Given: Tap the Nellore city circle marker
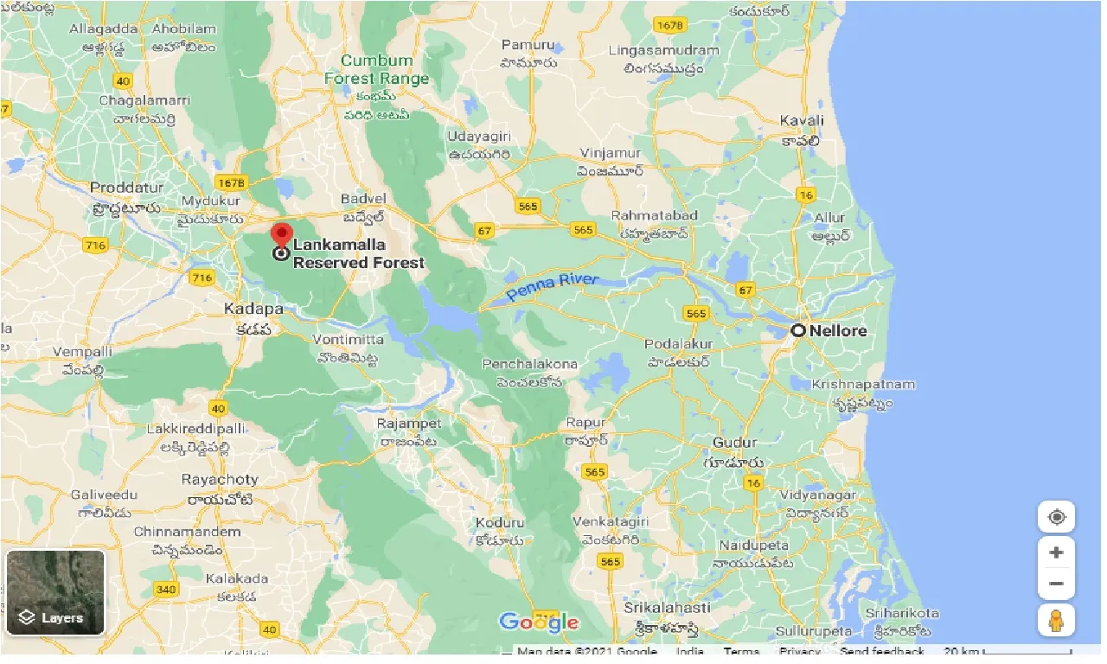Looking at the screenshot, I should click(797, 330).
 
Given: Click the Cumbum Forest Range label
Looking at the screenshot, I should click(377, 69).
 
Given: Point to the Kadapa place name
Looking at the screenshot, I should click(253, 309).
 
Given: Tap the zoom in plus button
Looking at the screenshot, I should click(1056, 552).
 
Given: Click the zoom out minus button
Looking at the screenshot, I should click(1056, 584).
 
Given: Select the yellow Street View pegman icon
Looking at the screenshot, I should click(1056, 620).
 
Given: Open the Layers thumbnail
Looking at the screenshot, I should click(55, 592).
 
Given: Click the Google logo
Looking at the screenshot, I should click(539, 622).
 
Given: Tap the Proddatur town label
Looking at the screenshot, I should click(126, 188).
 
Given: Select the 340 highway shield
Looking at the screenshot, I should click(167, 589).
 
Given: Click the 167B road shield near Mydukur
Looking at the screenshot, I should click(232, 183).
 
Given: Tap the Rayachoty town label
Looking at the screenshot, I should click(220, 479).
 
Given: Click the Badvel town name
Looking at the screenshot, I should click(364, 198).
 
